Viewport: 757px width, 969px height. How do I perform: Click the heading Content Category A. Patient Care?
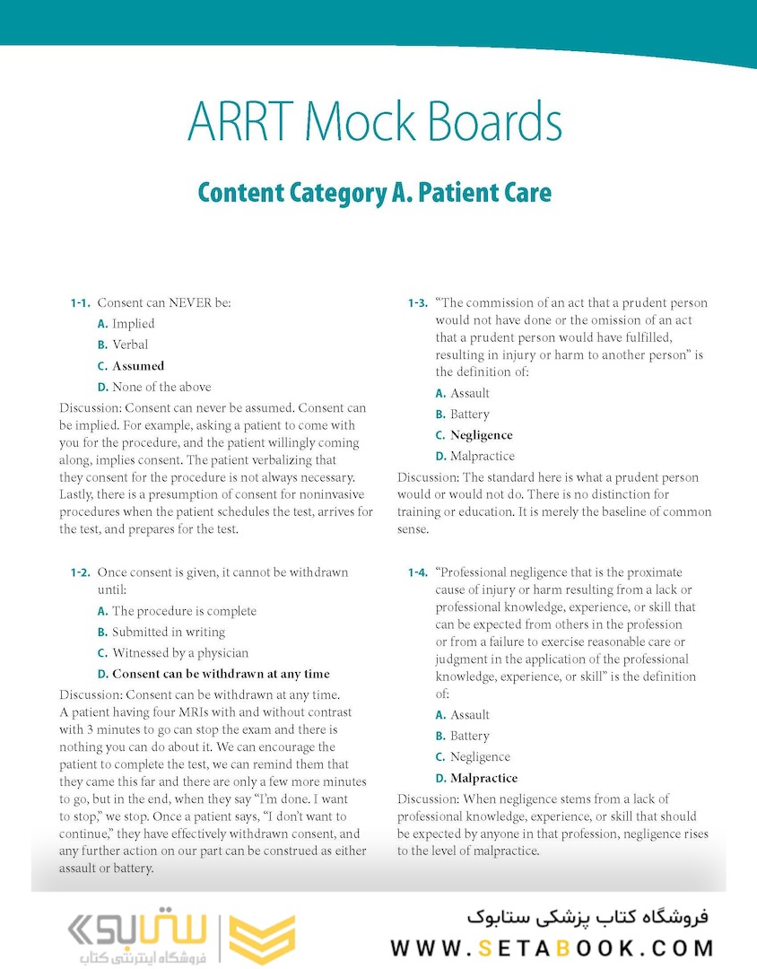tap(374, 192)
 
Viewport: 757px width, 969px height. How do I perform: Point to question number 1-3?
tap(418, 303)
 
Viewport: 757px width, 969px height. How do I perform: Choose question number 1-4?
tap(418, 572)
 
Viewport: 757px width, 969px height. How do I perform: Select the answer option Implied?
tap(133, 324)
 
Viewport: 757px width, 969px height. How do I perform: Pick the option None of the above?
tap(161, 388)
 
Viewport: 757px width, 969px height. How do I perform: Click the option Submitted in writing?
tap(168, 633)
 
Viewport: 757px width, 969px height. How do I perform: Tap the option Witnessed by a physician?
tap(180, 653)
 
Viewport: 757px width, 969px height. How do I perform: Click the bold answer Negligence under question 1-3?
tap(481, 435)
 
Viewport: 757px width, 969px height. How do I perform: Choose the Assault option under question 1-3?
tap(469, 393)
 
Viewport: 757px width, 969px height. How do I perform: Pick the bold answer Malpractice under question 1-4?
tap(483, 778)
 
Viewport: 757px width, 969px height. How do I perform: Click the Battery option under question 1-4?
tap(469, 736)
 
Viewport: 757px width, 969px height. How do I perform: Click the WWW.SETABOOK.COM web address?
tap(552, 947)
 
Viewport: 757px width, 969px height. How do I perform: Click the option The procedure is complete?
tap(184, 611)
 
